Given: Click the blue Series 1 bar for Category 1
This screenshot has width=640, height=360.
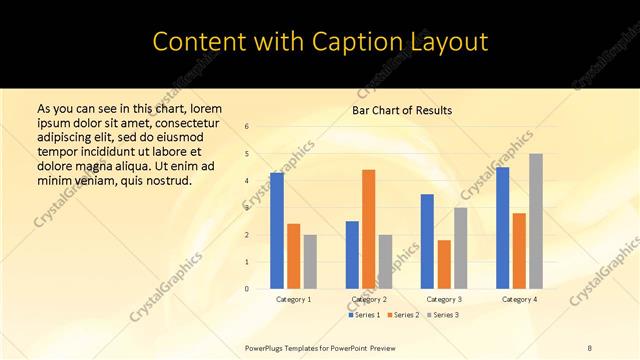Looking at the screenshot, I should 277,231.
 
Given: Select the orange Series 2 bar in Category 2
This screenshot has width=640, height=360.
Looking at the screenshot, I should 368,229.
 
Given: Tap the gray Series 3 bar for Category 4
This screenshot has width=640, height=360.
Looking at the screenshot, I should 536,221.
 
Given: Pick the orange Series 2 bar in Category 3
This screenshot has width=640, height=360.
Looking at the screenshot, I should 444,265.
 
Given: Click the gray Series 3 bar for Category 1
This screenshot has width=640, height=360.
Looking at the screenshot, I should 310,262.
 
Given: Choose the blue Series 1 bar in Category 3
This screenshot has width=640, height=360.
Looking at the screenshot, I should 427,241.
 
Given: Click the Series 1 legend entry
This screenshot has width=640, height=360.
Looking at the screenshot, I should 364,315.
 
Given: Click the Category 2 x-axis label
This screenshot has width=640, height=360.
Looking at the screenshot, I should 369,299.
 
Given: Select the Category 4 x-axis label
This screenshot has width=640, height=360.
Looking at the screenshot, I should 519,299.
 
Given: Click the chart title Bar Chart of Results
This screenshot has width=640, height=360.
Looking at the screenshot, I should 402,110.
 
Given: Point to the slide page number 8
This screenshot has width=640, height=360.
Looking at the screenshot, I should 590,347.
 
